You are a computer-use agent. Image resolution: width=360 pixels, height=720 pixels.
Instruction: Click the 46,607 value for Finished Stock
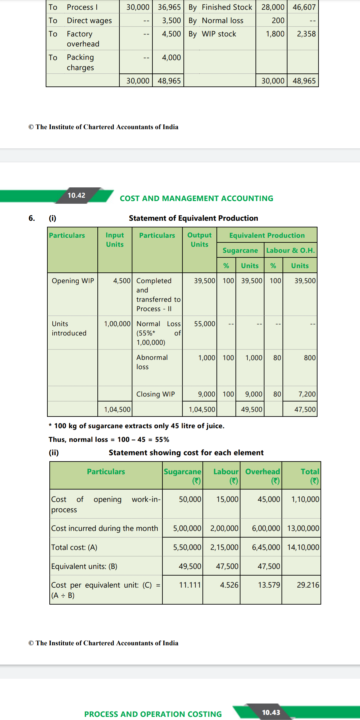(304, 7)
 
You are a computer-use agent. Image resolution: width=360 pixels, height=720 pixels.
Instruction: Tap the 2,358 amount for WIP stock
(306, 34)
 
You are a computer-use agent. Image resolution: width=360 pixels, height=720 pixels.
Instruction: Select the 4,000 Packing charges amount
(171, 57)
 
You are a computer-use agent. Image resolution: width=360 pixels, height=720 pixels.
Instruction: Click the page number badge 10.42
(76, 195)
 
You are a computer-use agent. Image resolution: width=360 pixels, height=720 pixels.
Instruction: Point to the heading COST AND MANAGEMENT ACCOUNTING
(196, 198)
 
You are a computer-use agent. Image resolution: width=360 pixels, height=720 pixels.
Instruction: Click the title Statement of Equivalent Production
(193, 218)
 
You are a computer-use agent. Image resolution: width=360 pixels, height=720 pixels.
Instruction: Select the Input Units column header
(115, 240)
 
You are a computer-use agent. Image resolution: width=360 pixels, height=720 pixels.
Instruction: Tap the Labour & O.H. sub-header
(290, 250)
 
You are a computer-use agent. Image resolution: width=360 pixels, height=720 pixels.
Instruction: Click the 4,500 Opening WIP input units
(122, 281)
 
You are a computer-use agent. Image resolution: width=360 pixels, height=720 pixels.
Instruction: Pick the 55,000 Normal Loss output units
(204, 324)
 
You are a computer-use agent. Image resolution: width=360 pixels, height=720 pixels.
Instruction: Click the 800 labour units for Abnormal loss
(309, 358)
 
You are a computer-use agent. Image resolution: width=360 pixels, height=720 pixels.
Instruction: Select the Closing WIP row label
(155, 394)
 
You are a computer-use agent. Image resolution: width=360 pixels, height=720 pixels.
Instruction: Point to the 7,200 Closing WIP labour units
(307, 394)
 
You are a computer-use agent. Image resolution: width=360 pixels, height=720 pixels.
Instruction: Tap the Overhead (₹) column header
(262, 476)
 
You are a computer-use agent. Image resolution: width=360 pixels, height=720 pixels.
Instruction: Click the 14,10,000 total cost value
(303, 547)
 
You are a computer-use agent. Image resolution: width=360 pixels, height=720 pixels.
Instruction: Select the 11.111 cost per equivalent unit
(190, 585)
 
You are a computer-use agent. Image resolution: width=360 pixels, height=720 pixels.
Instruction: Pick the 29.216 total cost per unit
(308, 585)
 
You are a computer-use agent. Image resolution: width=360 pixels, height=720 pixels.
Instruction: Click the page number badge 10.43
(271, 712)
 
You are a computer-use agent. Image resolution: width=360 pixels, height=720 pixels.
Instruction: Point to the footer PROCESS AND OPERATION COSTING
(153, 714)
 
